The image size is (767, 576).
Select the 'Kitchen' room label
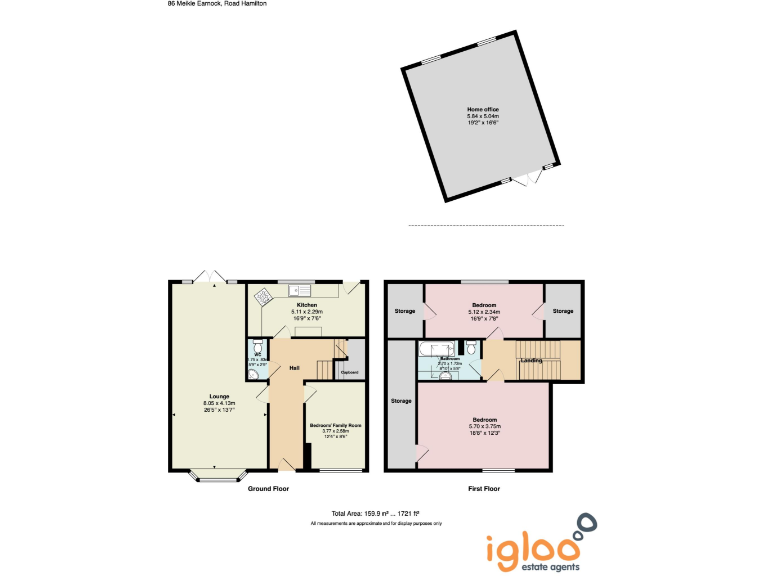[x=306, y=304]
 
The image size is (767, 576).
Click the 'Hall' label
[x=295, y=368]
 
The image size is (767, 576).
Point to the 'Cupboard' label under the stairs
[x=350, y=373]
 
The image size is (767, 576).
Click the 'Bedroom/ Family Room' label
[x=335, y=425]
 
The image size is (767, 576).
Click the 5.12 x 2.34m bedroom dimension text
[x=485, y=312]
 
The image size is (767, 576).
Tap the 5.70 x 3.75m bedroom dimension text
[x=485, y=426]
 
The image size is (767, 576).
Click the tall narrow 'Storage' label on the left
[x=401, y=401]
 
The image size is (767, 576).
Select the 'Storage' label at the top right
[x=564, y=311]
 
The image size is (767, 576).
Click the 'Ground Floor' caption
[x=268, y=489]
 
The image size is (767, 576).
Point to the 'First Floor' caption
[x=484, y=489]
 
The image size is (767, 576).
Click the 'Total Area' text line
[x=377, y=514]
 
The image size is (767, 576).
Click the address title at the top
[x=217, y=4]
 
